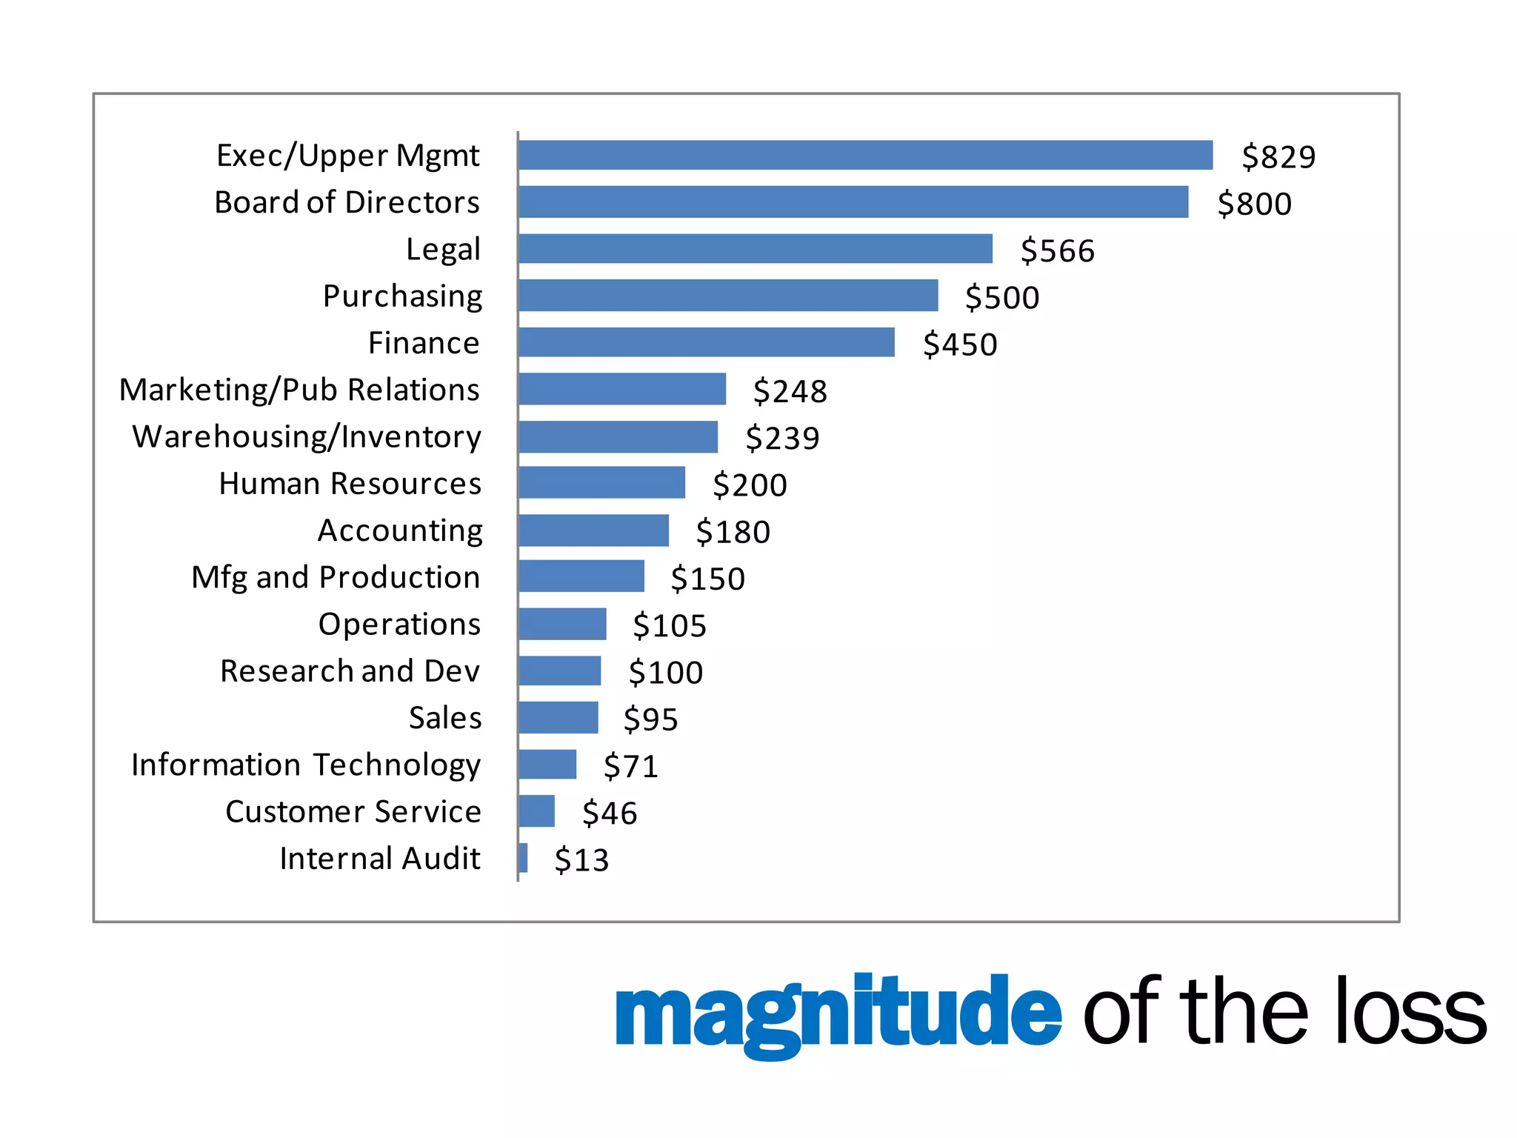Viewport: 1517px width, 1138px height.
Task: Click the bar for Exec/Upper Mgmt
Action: (865, 155)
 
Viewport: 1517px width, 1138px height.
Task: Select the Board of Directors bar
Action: (853, 202)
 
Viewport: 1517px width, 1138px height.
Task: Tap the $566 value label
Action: (1057, 250)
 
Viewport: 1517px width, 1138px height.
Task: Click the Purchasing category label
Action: (402, 296)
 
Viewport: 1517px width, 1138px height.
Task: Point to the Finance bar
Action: (707, 342)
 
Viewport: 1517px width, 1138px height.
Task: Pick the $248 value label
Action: (790, 390)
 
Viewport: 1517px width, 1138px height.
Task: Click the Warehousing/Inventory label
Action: (307, 436)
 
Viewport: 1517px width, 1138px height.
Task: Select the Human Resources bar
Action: (601, 482)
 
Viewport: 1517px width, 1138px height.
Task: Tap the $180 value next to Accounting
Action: (733, 531)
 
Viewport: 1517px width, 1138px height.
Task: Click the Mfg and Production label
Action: (336, 577)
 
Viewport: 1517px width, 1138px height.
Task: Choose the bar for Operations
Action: (562, 624)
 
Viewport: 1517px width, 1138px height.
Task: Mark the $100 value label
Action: (665, 672)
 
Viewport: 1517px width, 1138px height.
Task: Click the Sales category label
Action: (445, 717)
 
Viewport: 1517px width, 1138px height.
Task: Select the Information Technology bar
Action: (547, 764)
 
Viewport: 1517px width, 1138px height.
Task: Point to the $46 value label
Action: (609, 813)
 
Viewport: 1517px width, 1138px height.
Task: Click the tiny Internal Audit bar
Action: (524, 858)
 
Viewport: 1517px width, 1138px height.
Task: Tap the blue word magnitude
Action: (838, 1012)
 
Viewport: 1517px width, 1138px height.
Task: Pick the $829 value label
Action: (1278, 156)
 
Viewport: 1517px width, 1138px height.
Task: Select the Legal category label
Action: (443, 249)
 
